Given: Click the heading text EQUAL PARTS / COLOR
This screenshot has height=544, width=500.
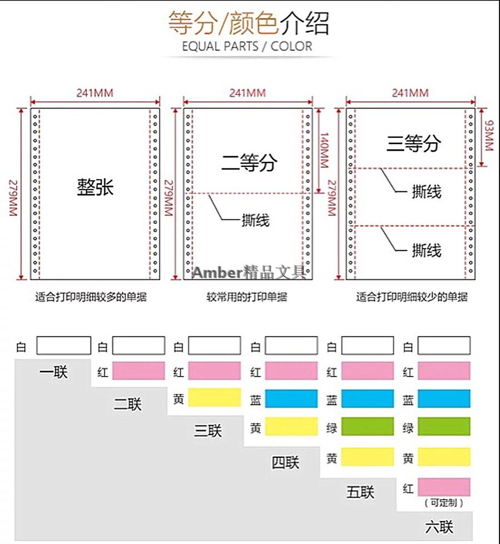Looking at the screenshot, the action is point(247,46).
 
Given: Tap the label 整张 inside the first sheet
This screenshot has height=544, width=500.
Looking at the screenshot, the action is point(95,187).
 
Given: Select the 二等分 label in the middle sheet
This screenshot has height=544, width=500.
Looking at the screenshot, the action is point(248,162).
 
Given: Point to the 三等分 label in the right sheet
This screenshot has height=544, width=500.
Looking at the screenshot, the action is point(413,144).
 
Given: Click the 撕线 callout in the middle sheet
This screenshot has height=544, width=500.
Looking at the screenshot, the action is point(256,220).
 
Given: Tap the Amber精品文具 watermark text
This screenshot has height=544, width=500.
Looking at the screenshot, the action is point(249,273).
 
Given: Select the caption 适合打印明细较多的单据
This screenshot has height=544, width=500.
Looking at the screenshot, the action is point(91,297).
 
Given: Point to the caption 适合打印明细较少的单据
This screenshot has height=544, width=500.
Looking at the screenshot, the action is point(412,297).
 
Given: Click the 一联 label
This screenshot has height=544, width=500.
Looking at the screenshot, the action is point(53,372).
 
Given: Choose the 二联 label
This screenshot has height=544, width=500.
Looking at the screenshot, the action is point(128,404).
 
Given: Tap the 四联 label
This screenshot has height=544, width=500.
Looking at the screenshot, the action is point(286,462).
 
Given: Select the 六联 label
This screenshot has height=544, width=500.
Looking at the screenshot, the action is point(439,526).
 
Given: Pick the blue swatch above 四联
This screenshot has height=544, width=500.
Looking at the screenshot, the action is point(291,398).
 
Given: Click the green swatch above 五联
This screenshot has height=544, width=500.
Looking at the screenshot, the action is point(367,427).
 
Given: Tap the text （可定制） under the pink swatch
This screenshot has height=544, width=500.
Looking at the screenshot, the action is point(444,503).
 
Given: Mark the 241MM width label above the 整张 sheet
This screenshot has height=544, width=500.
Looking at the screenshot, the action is point(95,93).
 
